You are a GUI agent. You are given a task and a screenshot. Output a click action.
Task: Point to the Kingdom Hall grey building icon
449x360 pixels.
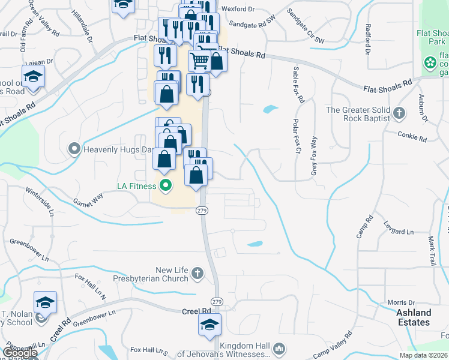[x=279, y=349]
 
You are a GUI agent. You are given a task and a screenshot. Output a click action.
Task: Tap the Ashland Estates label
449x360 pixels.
[x=414, y=317]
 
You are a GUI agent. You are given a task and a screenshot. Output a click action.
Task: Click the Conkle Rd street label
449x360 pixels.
[x=412, y=137]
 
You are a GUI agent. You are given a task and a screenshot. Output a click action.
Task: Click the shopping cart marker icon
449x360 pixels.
[x=200, y=60]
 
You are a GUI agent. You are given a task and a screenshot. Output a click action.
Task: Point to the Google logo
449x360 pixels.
[x=19, y=353]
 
